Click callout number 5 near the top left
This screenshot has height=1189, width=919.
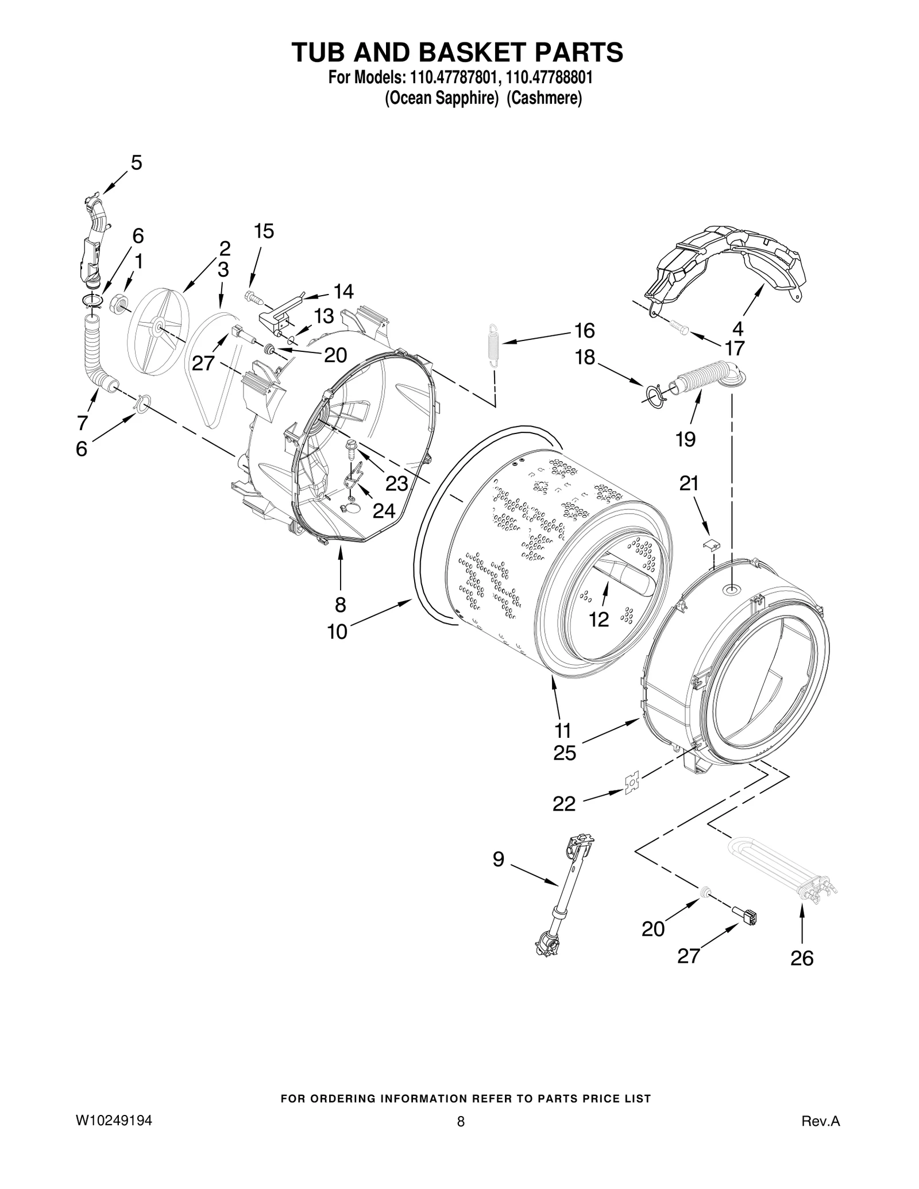(136, 163)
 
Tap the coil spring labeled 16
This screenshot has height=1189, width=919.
(492, 344)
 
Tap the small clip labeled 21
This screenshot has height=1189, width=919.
(712, 543)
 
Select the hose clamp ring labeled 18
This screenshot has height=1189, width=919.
(654, 396)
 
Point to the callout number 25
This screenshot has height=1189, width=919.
(564, 753)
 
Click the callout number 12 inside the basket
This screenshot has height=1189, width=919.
(598, 619)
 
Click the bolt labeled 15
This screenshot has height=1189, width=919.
(253, 297)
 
